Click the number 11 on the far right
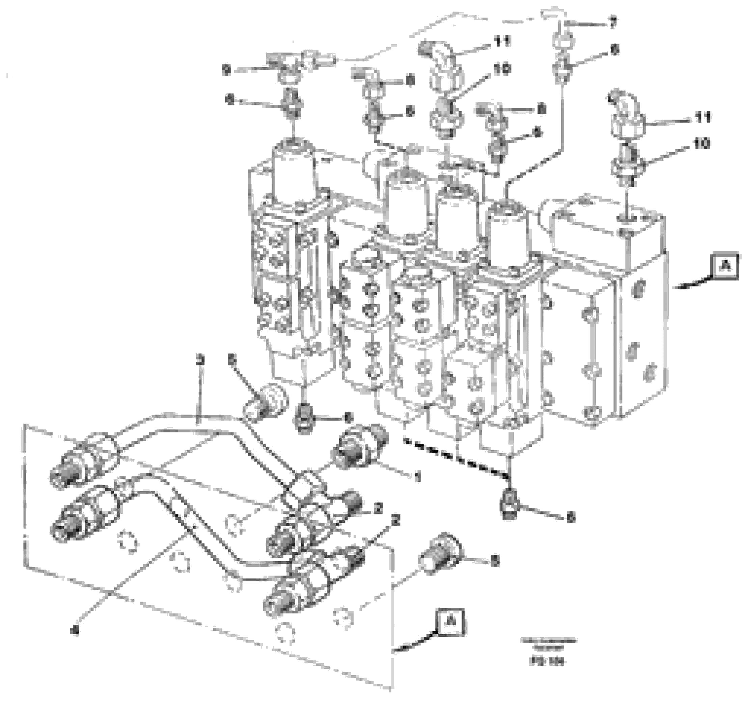coord(702,117)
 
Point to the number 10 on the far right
coord(701,144)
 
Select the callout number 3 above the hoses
coord(201,361)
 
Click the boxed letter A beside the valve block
coord(725,267)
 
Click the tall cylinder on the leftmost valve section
coord(294,170)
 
